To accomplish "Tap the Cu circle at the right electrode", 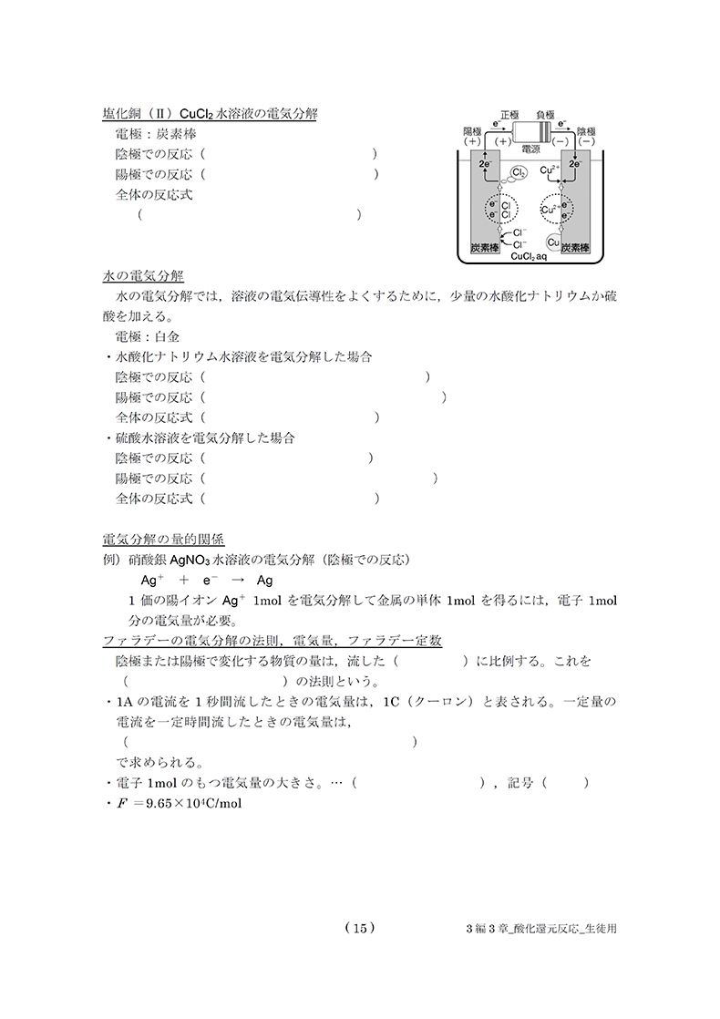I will coord(554,242).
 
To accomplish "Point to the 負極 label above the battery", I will coord(547,116).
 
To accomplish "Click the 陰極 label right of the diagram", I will coord(586,131).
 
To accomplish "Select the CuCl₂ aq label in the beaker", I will coord(529,258).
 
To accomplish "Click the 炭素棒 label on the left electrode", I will coord(485,248).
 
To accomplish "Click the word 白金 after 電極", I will coord(180,336).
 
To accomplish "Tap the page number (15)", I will coord(359,928).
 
